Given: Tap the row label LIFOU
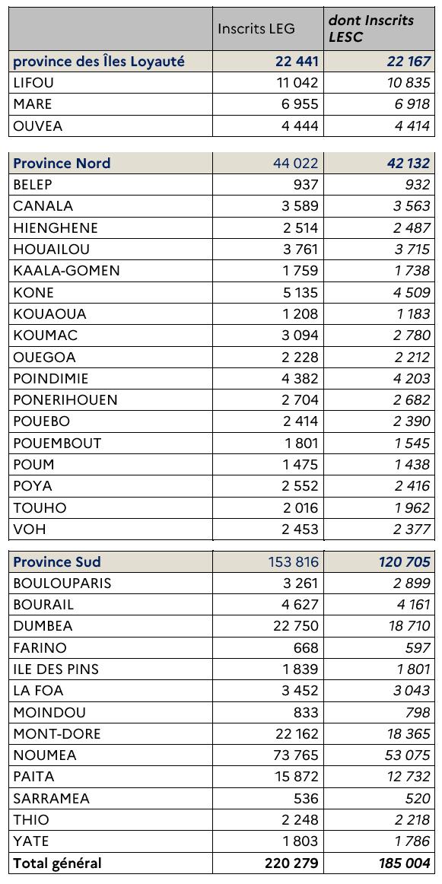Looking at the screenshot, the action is [x=33, y=83].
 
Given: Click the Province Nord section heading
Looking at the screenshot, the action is [x=62, y=163].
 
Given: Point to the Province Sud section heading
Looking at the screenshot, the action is [x=57, y=561].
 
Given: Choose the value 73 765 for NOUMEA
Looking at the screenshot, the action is [x=293, y=755].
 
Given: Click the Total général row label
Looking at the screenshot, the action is [x=57, y=863].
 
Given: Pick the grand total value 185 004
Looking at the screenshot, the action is [x=399, y=863].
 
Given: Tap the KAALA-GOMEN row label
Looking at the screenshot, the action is [x=66, y=270].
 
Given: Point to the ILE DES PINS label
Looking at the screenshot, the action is [x=56, y=669].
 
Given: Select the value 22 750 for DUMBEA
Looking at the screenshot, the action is [x=293, y=626].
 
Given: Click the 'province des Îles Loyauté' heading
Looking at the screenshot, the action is [x=99, y=62].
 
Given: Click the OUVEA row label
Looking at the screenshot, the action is [x=38, y=126].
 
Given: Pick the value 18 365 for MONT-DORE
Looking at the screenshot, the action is [x=405, y=734].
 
